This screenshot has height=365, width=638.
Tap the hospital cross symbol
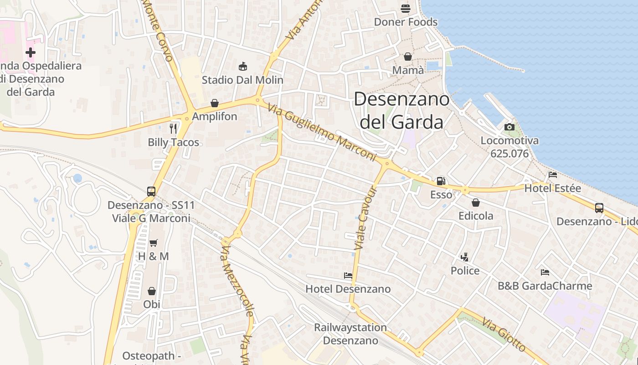click(31, 53)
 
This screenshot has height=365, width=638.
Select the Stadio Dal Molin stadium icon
click(242, 67)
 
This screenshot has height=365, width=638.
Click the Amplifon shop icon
click(215, 103)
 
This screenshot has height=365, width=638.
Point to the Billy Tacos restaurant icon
click(173, 129)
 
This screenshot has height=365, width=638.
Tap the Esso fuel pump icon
click(441, 181)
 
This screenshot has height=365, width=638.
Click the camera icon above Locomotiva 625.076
click(509, 127)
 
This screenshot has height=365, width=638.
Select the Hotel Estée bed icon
click(553, 175)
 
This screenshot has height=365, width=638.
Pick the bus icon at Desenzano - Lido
click(599, 208)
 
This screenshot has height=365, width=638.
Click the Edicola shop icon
click(476, 202)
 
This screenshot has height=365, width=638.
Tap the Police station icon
click(465, 257)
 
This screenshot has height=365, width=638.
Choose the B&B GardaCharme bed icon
click(545, 272)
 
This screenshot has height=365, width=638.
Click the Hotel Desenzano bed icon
click(348, 276)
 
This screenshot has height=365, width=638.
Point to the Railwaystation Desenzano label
click(350, 334)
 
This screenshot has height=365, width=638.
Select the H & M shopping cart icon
click(154, 243)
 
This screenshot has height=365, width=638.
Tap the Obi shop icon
click(152, 291)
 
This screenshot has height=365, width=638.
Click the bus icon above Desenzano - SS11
click(151, 192)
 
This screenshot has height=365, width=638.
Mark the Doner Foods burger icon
click(406, 8)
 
